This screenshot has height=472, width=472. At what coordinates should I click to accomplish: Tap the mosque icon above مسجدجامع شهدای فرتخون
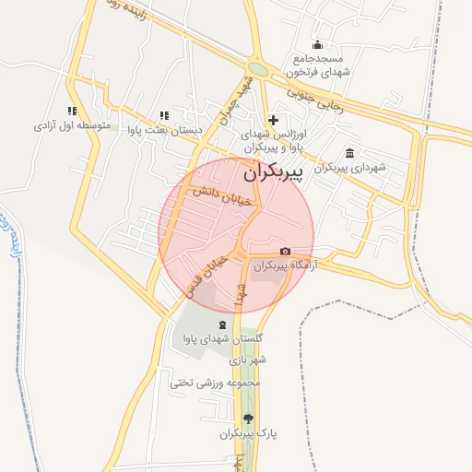318,44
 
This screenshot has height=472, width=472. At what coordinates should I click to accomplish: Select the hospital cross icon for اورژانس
273,120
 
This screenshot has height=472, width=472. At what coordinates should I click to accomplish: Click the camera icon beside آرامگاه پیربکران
285,252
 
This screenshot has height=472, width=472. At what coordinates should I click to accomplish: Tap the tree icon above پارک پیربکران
248,419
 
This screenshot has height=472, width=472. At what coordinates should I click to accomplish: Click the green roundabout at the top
259,69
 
